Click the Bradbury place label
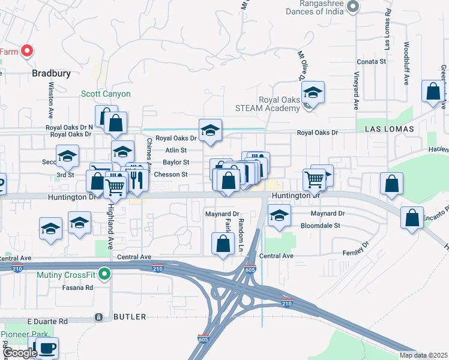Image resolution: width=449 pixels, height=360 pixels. (x=51, y=74)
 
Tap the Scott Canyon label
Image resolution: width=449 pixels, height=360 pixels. (x=106, y=94)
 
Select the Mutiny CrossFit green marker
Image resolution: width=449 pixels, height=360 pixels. (x=105, y=275)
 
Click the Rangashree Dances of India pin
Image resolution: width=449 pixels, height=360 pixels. (x=353, y=7)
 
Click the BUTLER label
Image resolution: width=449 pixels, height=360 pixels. (x=130, y=316)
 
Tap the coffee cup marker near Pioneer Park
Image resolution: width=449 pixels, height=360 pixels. (x=47, y=347)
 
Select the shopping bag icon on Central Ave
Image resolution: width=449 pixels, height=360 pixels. (x=223, y=244)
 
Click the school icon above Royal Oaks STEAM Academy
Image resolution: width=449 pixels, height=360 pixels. (x=313, y=92)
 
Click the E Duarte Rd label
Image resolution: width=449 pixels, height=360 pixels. (x=47, y=322)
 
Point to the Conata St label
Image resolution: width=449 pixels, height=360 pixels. (x=371, y=61)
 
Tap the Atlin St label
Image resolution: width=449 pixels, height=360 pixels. (x=176, y=150)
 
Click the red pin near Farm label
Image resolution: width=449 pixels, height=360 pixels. (x=27, y=51)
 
